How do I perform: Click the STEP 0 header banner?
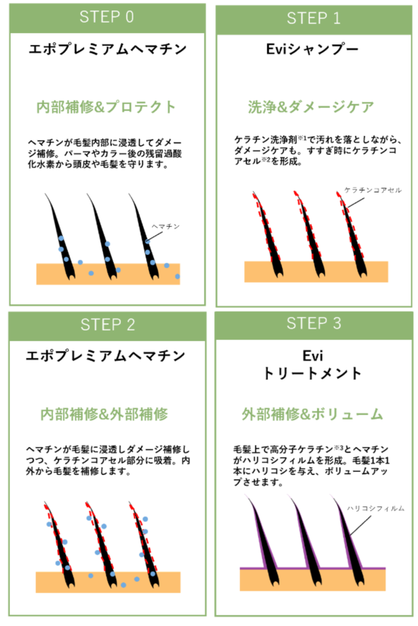pos(106,17)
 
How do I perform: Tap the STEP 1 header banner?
pos(313,18)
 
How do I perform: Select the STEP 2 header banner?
pos(106,325)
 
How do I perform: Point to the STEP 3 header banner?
pos(313,324)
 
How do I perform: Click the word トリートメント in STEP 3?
pos(313,374)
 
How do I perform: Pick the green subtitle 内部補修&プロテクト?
pos(106,106)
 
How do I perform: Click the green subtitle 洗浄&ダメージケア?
pos(311,107)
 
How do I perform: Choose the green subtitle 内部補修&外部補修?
pos(104,414)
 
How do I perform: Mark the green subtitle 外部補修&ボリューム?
pos(312,414)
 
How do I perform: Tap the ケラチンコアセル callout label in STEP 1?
pos(373,190)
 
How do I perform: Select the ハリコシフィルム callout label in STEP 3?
pos(376,508)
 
